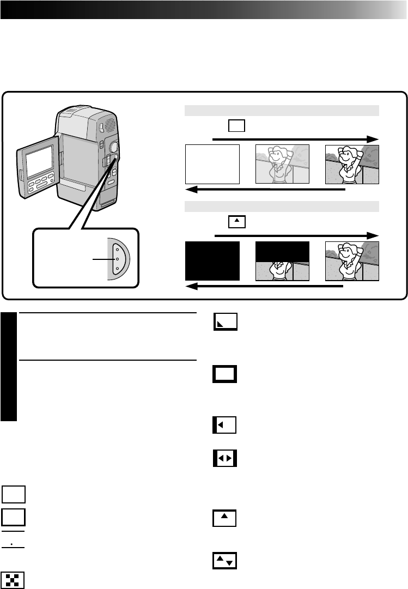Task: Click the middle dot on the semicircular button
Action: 117,259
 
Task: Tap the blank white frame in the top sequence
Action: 212,164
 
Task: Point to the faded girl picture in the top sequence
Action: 282,164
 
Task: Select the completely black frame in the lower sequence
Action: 212,261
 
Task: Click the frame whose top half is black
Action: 282,261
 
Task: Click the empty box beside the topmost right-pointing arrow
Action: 236,126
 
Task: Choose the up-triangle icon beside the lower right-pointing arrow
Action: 236,222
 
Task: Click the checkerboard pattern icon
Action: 13,580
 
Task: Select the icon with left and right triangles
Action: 224,459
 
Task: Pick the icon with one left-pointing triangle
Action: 224,424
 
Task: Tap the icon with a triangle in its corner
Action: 224,323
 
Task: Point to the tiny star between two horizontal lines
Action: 12,544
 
